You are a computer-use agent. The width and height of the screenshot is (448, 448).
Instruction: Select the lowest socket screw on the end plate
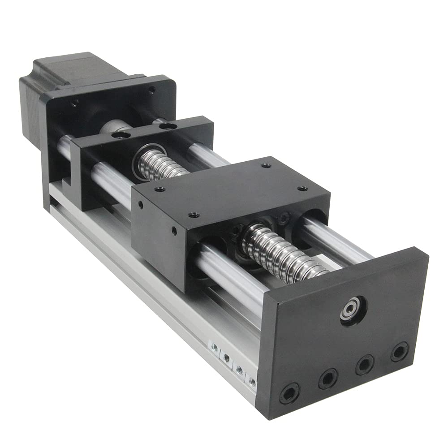tap(289, 393)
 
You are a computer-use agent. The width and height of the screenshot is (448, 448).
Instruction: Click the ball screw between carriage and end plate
tap(282, 251)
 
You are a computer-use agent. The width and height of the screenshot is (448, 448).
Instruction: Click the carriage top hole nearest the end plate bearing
tap(303, 189)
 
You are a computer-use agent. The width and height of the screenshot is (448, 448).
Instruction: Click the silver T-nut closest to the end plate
tap(253, 382)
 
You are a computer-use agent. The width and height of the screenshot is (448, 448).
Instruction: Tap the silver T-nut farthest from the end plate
tap(215, 348)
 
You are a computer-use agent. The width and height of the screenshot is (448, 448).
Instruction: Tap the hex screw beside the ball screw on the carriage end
tap(283, 219)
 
